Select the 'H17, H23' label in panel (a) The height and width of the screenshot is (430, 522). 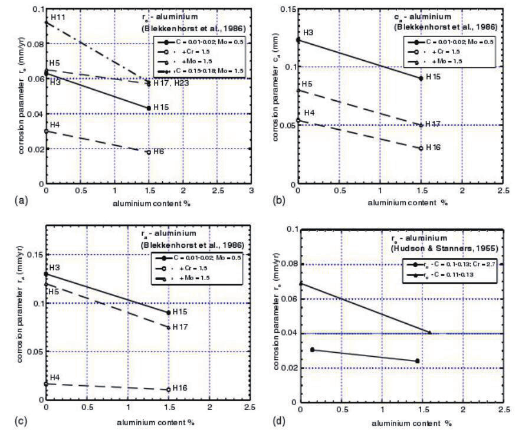tap(171, 83)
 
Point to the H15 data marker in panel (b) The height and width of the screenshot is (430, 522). tap(421, 78)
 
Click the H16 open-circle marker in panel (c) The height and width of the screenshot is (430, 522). tap(169, 389)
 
